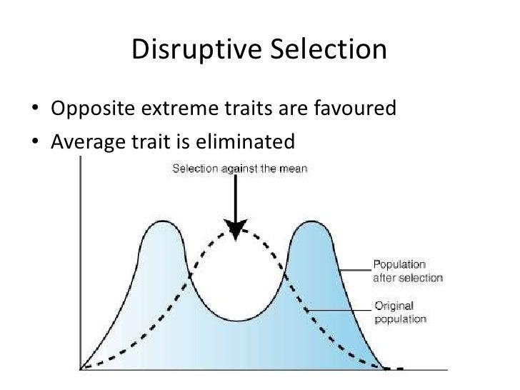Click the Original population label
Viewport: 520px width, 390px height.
pos(400,312)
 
